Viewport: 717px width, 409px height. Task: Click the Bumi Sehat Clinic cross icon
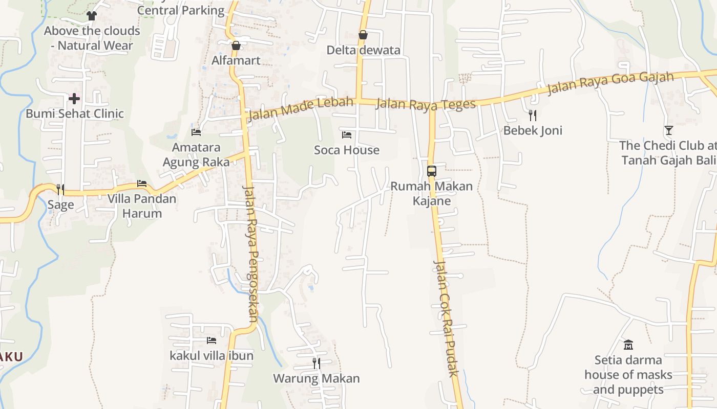74,98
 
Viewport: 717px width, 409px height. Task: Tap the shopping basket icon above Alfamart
236,46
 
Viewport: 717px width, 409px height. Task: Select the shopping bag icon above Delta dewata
363,35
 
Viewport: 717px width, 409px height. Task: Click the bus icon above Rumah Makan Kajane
432,171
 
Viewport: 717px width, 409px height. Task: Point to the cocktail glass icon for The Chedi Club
668,130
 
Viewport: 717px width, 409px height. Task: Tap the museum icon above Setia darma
628,345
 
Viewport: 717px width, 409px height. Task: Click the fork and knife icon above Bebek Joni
533,115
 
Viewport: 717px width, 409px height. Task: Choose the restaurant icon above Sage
60,190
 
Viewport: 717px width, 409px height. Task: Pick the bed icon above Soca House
347,135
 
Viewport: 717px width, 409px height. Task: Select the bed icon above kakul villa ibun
211,340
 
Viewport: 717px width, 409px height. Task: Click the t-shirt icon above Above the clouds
92,16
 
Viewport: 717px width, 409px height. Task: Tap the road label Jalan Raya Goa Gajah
610,83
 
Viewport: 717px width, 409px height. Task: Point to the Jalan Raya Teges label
426,104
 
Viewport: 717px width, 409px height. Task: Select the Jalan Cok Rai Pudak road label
446,318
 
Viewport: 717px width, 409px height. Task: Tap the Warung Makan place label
317,379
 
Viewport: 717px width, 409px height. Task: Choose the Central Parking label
181,10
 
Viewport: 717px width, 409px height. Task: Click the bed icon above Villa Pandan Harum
142,183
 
